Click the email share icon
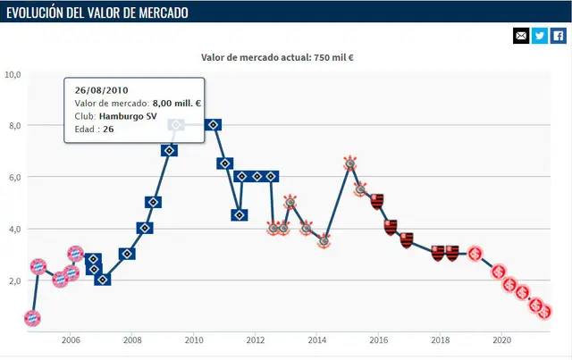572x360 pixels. [521, 36]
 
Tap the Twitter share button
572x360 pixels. [540, 36]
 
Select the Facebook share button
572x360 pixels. [558, 36]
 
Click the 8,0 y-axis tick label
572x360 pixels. [13, 126]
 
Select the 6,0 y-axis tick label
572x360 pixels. [13, 178]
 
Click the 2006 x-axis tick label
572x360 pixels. [71, 340]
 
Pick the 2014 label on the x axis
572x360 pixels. [316, 340]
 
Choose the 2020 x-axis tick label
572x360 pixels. [501, 340]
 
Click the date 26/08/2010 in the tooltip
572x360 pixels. [100, 90]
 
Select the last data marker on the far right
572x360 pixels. [546, 312]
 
